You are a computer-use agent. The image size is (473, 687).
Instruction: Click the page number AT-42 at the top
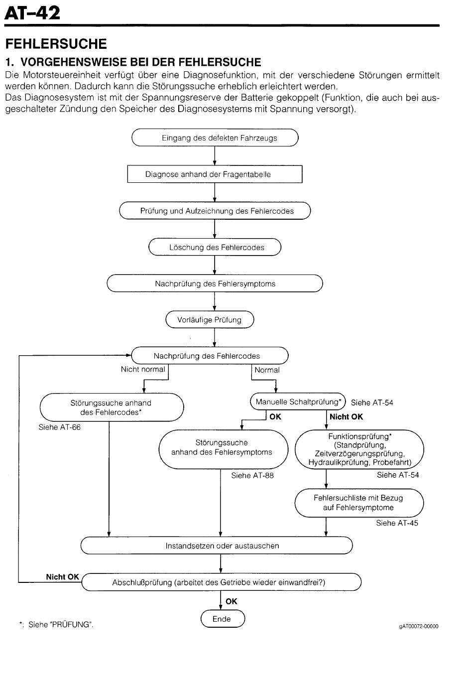point(32,13)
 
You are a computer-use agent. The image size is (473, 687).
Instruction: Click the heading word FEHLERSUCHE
point(56,44)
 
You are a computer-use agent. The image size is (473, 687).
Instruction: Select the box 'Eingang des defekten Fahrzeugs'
point(215,137)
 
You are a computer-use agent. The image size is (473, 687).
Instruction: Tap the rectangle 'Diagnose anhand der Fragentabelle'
point(215,174)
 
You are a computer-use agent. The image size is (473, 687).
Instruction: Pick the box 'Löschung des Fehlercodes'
point(215,247)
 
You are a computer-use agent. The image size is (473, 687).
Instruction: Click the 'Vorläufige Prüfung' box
point(210,319)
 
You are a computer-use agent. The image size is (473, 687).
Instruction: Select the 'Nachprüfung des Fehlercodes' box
point(210,356)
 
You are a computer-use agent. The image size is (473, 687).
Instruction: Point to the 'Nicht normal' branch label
point(143,369)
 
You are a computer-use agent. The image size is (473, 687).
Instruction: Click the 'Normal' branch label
point(267,370)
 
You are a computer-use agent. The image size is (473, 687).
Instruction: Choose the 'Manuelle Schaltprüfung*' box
point(298,402)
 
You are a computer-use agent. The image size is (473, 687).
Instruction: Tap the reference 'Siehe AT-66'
point(59,427)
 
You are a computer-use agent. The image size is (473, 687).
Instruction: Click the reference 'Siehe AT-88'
point(252,475)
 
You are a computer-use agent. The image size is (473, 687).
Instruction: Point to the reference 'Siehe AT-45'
point(397,523)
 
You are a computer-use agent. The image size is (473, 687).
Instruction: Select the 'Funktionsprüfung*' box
point(359,449)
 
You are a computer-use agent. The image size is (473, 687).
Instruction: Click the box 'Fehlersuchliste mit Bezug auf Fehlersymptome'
point(359,503)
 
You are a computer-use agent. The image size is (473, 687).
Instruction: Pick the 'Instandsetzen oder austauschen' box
point(217,546)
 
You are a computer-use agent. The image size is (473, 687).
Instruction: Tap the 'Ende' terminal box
point(223,619)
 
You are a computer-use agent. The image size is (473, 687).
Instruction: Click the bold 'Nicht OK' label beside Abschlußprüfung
point(63,577)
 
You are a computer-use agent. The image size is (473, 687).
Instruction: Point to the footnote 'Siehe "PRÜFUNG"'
point(56,625)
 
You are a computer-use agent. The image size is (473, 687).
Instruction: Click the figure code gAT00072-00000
point(418,626)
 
